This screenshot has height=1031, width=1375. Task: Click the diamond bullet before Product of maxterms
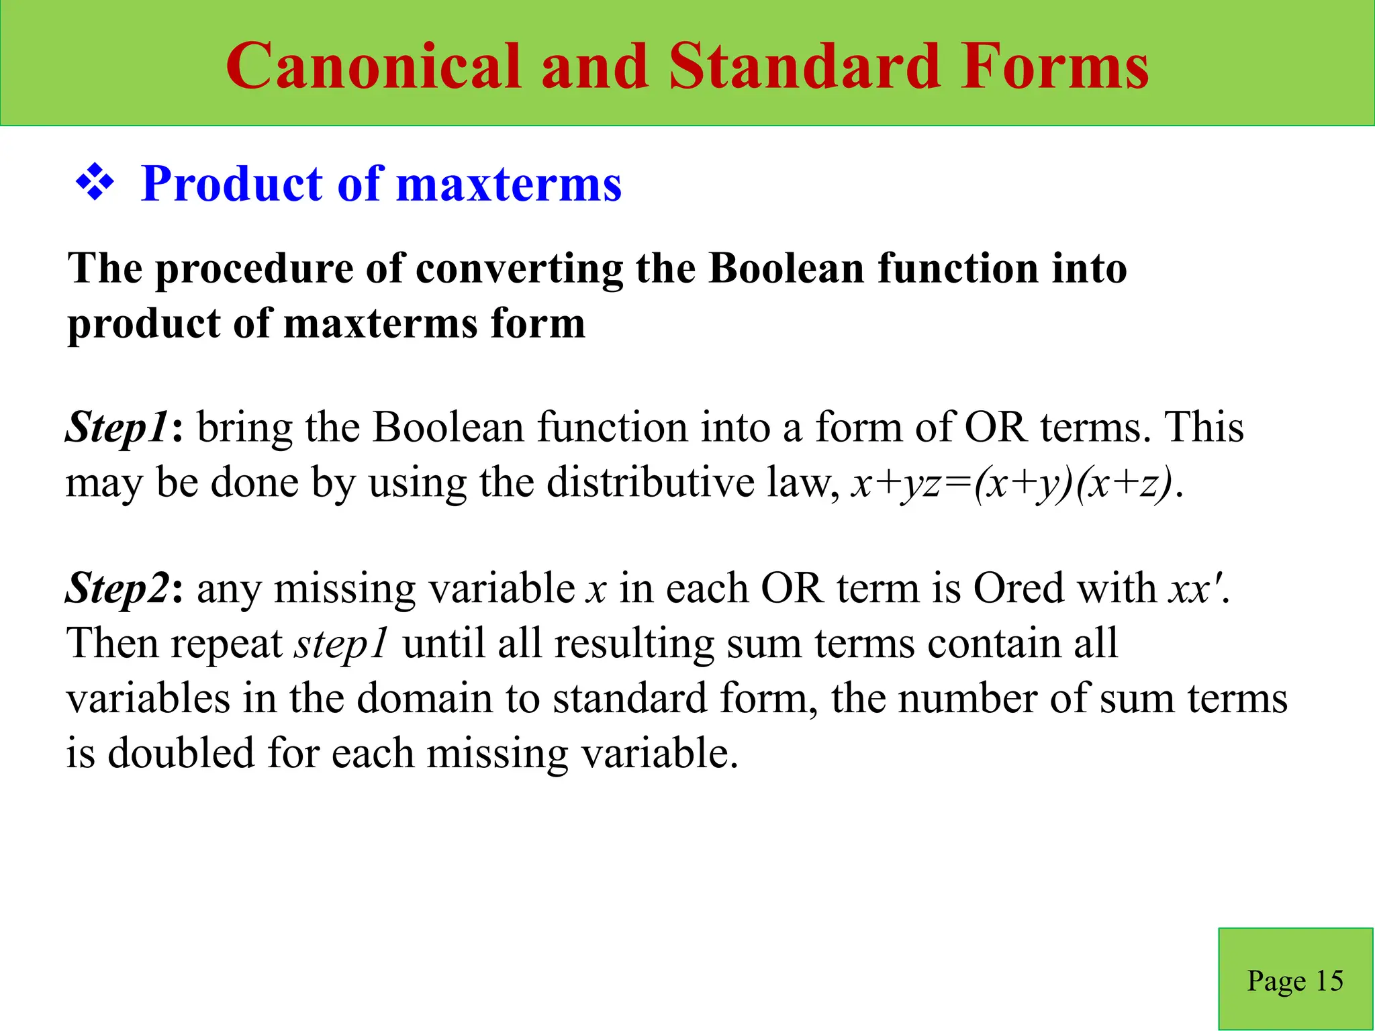[95, 183]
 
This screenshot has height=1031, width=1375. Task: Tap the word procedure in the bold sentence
[255, 268]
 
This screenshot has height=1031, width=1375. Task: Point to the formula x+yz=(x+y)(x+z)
[1012, 483]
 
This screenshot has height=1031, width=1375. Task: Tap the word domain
[424, 699]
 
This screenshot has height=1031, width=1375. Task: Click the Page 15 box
[1295, 980]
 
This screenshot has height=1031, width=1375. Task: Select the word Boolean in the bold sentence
[786, 268]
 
